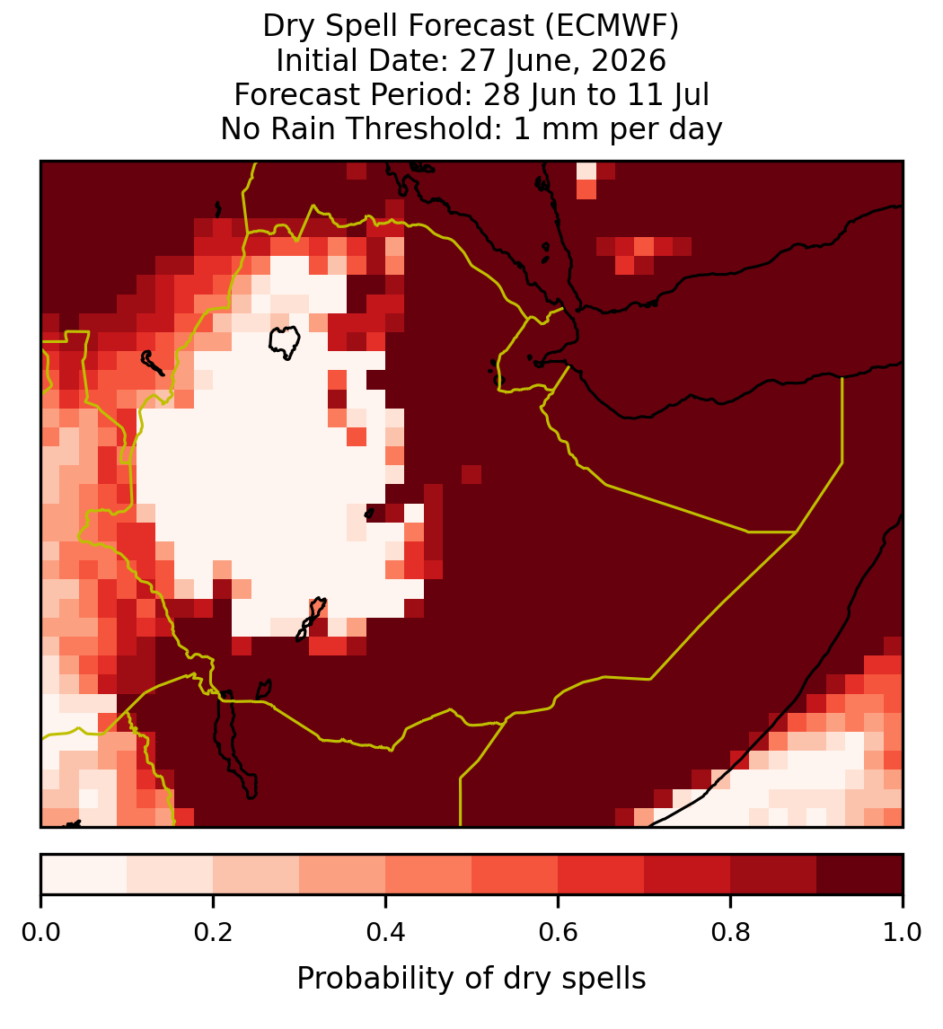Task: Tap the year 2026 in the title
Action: tap(628, 60)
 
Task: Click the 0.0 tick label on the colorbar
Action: tap(41, 932)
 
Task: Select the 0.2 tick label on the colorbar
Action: tap(213, 932)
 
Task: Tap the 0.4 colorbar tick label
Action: tap(386, 932)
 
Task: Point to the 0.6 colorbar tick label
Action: tap(558, 932)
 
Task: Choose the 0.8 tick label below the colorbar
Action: tap(730, 932)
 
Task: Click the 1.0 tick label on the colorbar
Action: tap(903, 932)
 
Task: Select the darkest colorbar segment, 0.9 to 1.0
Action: tap(859, 875)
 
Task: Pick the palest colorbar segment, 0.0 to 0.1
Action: tap(84, 875)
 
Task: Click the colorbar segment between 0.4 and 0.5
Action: tap(428, 875)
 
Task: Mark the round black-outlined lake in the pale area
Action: tap(285, 341)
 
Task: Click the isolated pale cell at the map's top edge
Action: tap(586, 171)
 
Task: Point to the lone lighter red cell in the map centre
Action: tap(471, 474)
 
